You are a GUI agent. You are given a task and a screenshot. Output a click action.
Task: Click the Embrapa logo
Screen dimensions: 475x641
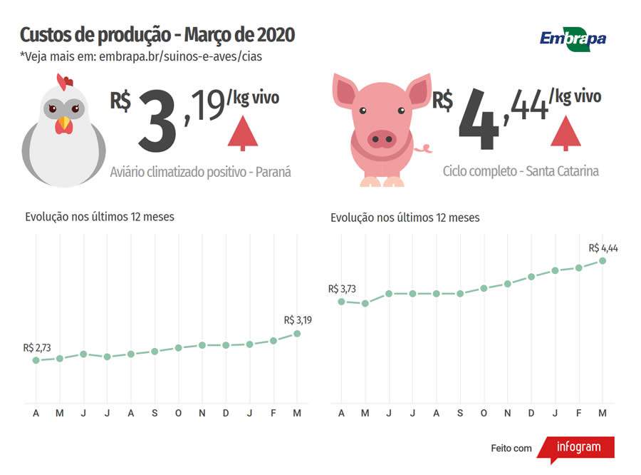(573, 37)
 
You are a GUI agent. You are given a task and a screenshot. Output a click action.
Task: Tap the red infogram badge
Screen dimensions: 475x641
(577, 448)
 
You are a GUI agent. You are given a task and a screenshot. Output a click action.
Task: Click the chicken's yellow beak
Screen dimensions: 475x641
(64, 124)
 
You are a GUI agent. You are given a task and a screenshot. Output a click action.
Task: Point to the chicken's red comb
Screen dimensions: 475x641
(64, 81)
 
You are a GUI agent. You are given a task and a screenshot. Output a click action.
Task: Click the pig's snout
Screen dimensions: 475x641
(382, 138)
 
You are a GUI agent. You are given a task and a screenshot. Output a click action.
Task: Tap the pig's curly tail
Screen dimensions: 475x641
(426, 148)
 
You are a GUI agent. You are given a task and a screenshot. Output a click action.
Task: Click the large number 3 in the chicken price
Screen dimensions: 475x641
(157, 120)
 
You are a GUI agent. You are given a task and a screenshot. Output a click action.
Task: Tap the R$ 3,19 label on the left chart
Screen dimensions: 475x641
(298, 320)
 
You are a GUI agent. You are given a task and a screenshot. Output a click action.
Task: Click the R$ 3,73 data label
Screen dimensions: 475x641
(343, 289)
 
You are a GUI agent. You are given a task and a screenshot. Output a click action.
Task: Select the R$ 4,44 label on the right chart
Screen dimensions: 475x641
(603, 248)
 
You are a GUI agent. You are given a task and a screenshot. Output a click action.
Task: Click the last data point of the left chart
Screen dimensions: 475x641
(297, 333)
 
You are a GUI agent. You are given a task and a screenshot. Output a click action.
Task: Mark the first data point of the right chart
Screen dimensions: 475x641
(341, 301)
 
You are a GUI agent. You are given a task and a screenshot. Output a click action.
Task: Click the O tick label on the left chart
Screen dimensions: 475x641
(178, 414)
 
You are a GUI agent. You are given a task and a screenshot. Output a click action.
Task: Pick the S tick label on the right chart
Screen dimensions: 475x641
(460, 414)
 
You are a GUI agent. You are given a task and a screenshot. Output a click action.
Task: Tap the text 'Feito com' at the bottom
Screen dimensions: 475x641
(511, 448)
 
